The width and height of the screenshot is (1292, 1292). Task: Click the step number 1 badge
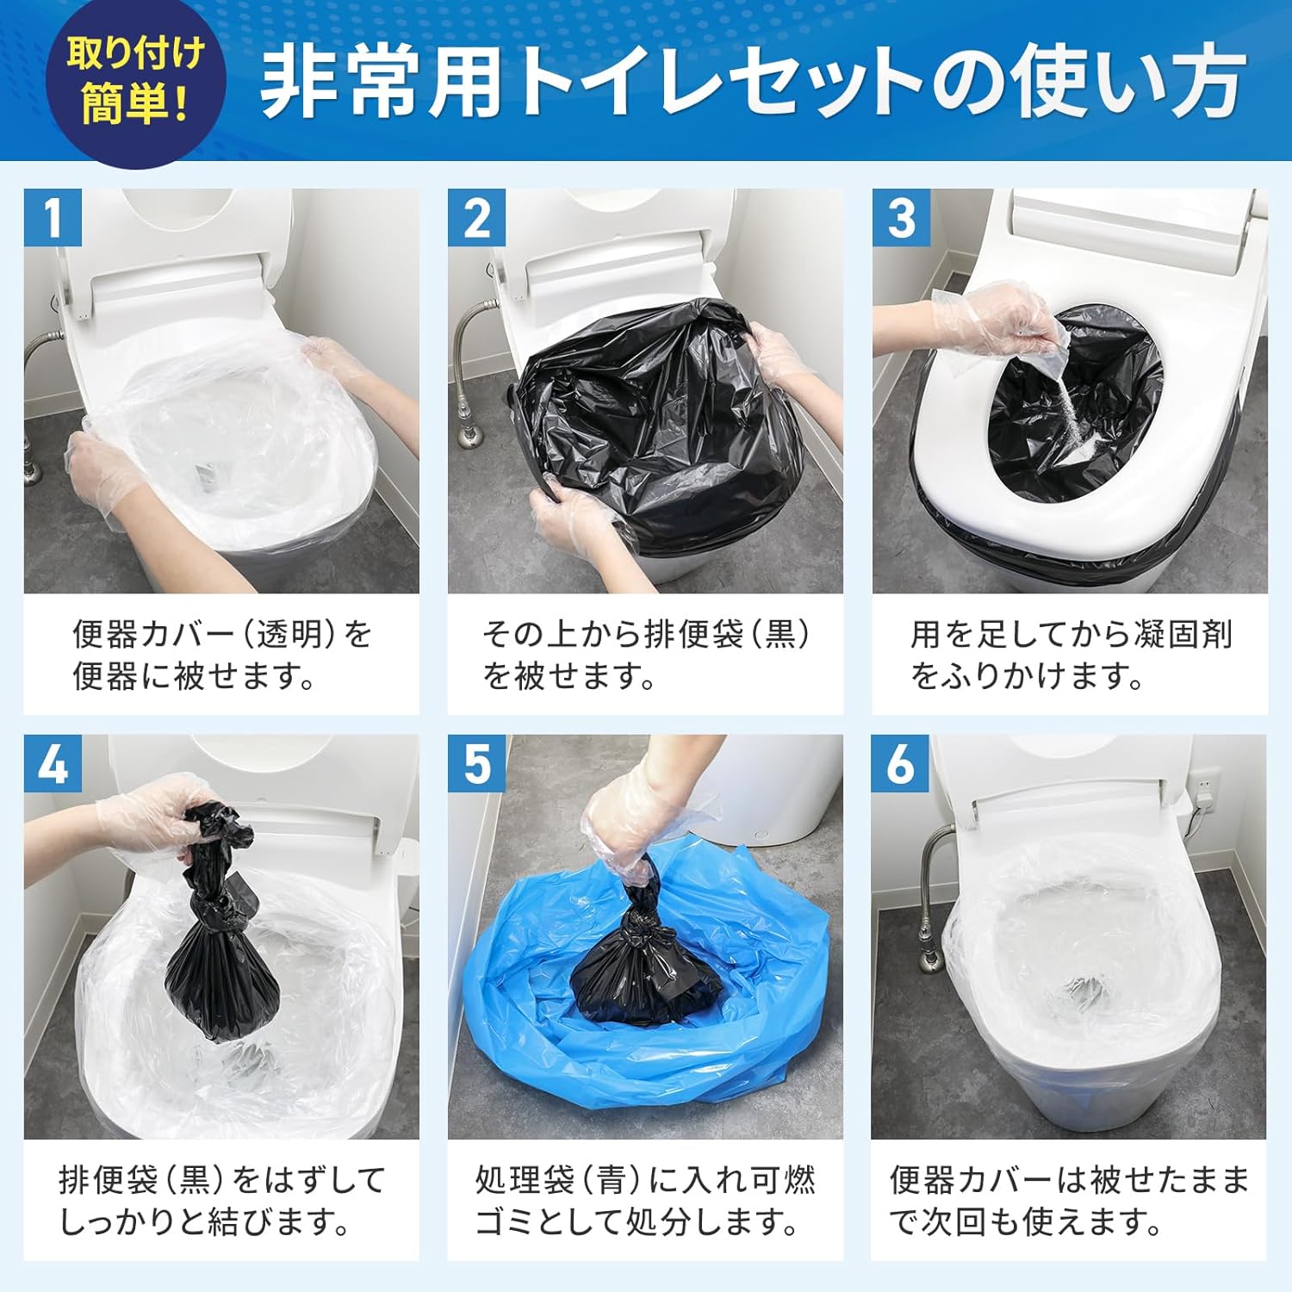pos(53,218)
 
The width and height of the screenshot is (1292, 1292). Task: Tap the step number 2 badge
pos(476,218)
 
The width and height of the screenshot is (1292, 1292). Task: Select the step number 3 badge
pos(901,218)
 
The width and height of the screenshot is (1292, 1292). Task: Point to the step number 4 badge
pos(53,763)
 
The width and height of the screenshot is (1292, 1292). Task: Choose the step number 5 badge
pos(476,763)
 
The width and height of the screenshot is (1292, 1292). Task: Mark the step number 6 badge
pos(900,763)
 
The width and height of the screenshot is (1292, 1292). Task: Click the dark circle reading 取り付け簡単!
pos(135,82)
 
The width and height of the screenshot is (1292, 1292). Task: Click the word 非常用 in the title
pos(379,82)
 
